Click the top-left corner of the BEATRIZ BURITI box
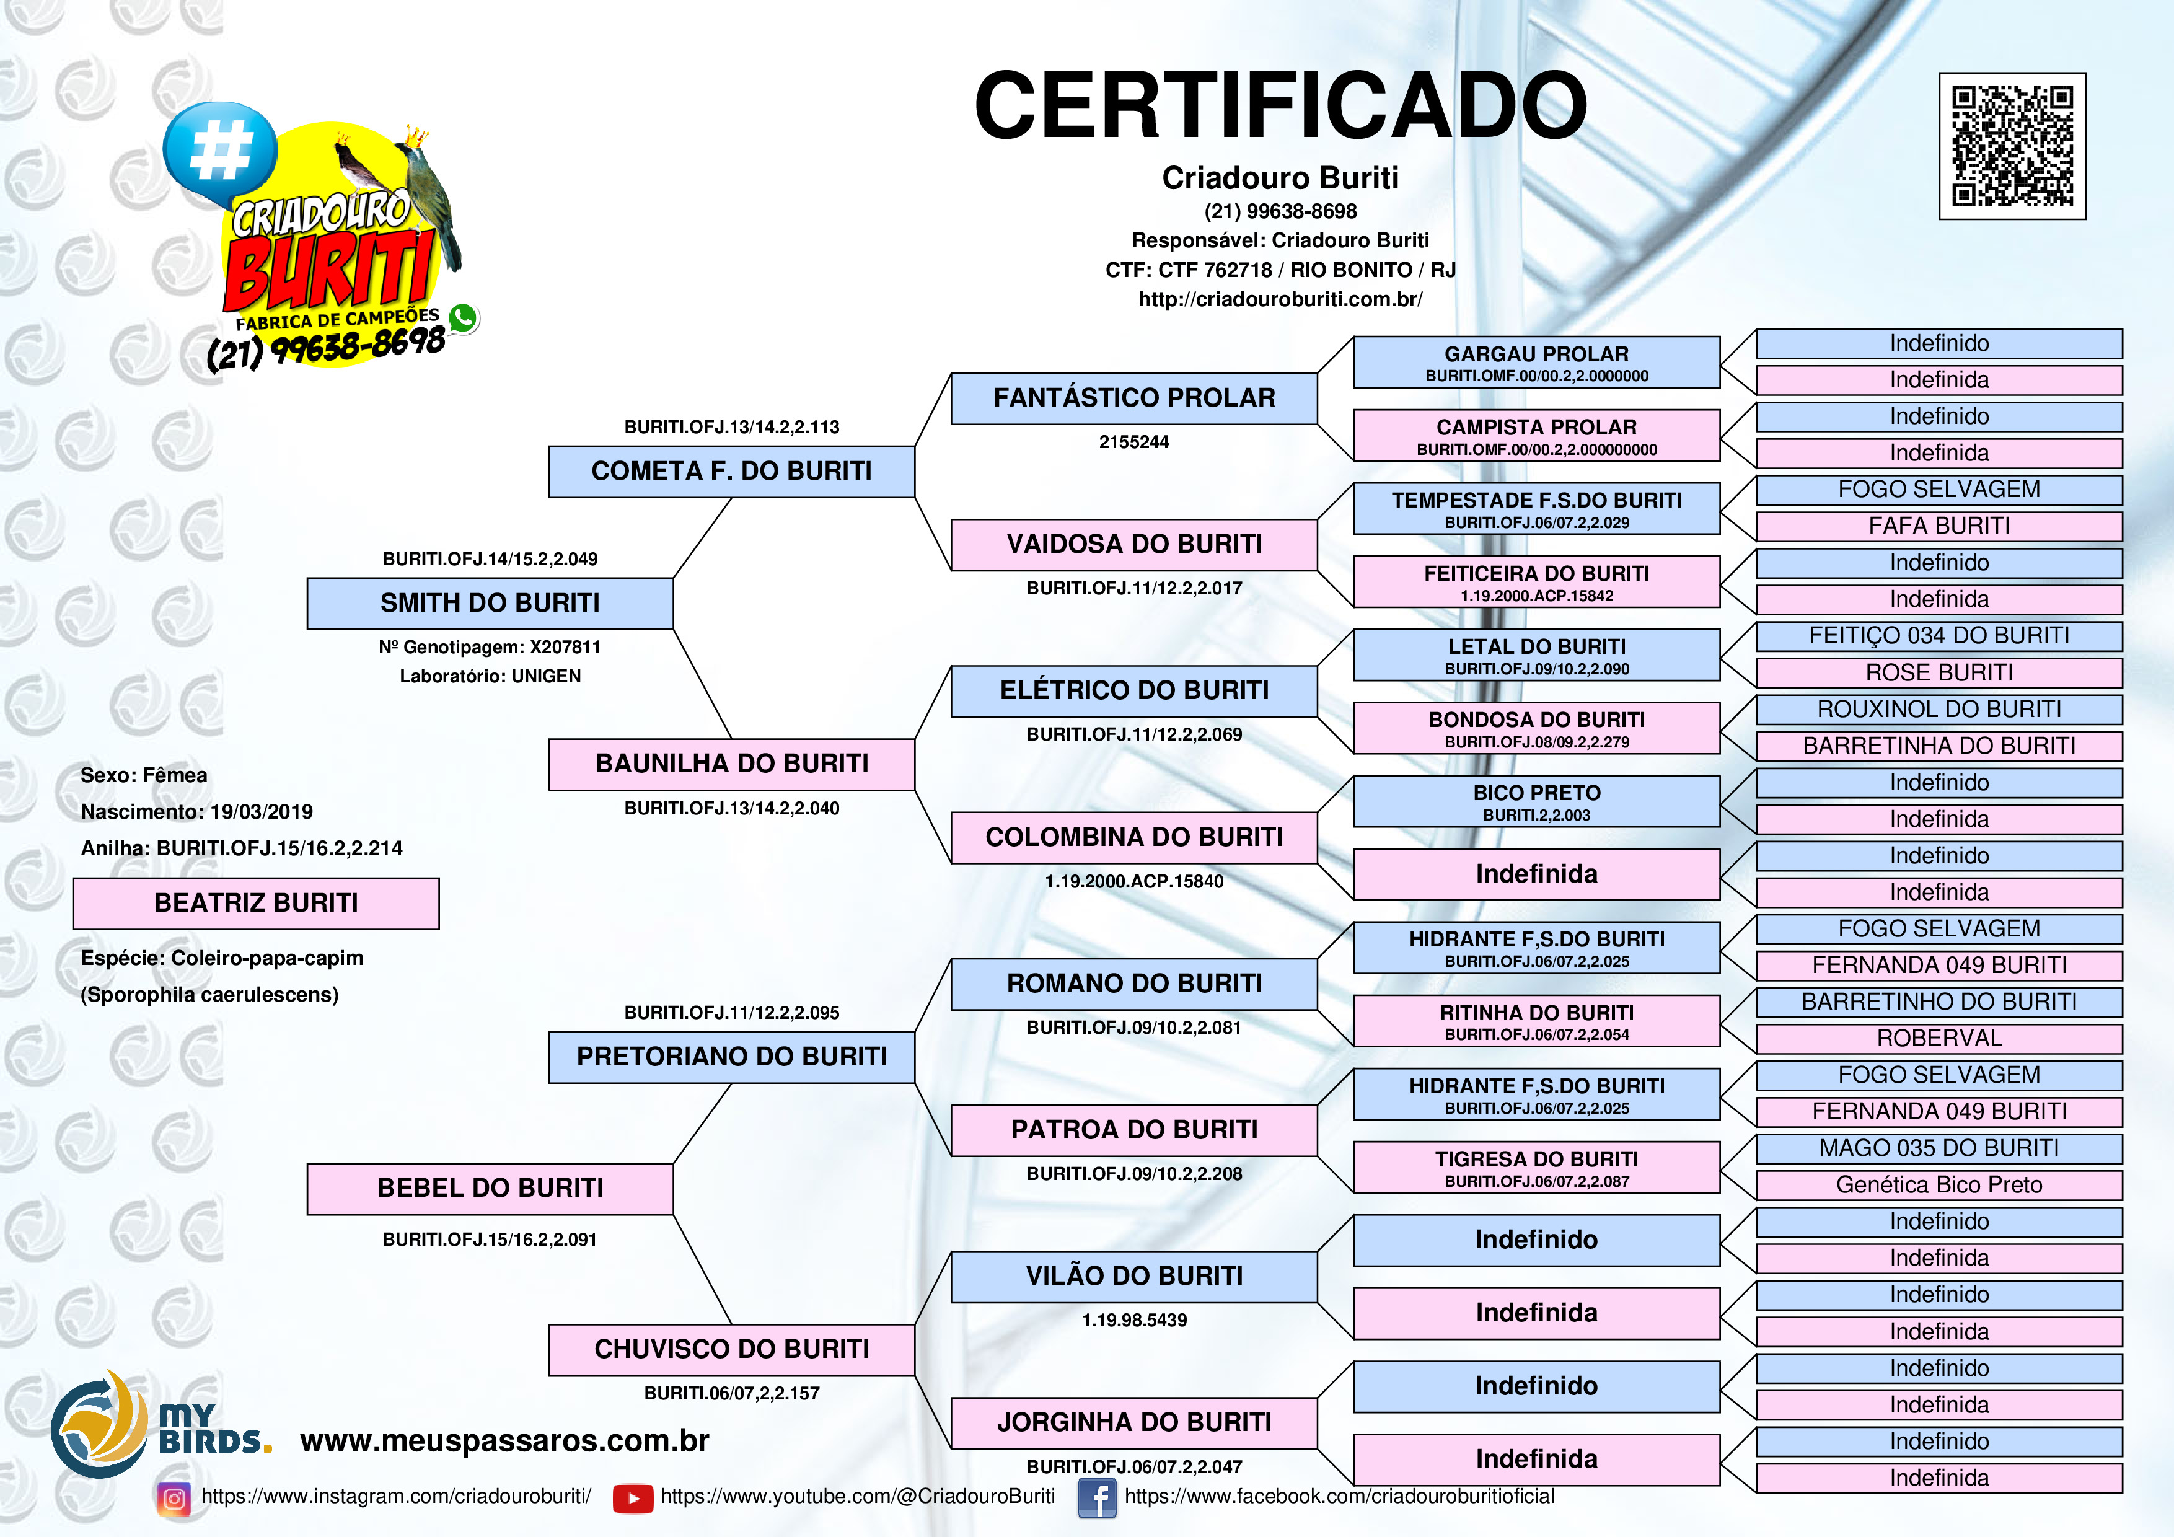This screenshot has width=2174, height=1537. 74,879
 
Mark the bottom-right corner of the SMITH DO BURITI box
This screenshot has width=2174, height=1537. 673,629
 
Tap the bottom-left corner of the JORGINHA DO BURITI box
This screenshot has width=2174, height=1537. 952,1448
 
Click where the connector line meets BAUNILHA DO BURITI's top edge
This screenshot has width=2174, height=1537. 732,739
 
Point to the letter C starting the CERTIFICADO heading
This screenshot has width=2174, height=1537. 1012,105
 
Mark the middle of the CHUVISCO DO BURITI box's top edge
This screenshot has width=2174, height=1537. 732,1325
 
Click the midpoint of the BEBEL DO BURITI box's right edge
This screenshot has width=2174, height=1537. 673,1189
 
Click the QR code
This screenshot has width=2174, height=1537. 2012,146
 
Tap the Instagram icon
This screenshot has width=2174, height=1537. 174,1498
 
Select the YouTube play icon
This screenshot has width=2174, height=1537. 633,1498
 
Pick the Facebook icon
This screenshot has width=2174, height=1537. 1098,1498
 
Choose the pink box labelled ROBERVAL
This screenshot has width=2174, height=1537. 1939,1039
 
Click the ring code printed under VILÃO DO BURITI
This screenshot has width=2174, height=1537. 1134,1320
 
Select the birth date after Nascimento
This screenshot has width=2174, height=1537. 262,812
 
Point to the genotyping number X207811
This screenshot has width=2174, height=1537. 565,648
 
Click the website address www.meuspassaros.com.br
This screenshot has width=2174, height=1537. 504,1440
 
